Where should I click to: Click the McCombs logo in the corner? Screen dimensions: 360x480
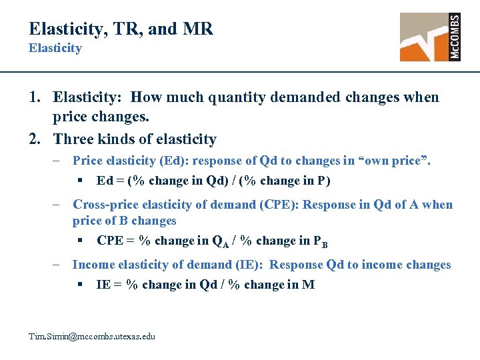point(430,37)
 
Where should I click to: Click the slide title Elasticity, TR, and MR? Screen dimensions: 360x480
point(121,29)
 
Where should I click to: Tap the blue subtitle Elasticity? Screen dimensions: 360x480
point(55,48)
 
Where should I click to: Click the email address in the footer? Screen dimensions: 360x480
point(91,337)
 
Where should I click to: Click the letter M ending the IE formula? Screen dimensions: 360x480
point(308,285)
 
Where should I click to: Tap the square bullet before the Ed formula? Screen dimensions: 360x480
point(79,181)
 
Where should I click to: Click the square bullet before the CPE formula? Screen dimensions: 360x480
point(79,241)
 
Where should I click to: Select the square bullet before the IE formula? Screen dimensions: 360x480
point(79,285)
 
